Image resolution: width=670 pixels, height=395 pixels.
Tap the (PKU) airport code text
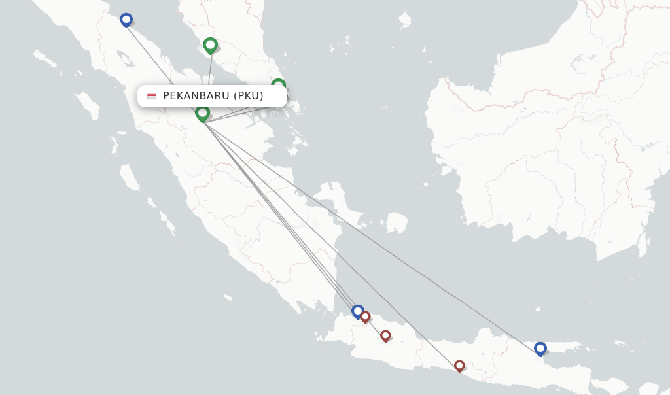click(249, 96)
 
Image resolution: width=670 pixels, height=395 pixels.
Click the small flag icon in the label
click(152, 96)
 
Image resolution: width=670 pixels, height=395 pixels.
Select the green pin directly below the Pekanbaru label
click(202, 113)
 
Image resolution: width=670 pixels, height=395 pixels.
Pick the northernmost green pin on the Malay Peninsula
click(210, 45)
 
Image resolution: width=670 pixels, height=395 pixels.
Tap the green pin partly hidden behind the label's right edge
click(279, 84)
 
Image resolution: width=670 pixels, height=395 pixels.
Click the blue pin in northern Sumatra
click(126, 20)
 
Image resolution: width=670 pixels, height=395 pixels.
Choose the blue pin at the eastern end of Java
click(540, 348)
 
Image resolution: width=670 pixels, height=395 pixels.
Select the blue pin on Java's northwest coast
click(357, 311)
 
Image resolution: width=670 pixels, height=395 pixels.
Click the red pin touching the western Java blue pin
click(366, 317)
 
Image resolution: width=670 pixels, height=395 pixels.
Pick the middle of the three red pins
click(385, 335)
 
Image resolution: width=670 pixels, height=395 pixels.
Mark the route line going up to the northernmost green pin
click(209, 78)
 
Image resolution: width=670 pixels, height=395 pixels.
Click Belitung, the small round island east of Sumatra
click(397, 222)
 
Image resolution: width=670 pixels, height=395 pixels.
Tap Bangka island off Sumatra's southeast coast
click(340, 203)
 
